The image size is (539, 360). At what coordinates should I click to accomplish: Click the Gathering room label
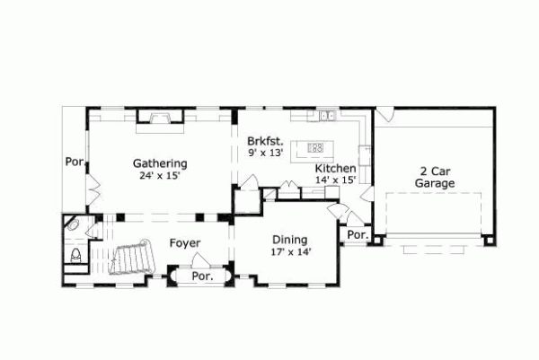tap(160, 163)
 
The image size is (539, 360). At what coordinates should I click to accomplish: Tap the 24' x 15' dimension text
tap(160, 176)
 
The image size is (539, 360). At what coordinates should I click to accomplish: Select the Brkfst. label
tap(266, 141)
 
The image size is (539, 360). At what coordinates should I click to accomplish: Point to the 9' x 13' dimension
tap(265, 154)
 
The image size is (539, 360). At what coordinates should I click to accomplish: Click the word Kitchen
tap(335, 168)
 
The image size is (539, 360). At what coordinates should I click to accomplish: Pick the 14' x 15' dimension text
tap(335, 180)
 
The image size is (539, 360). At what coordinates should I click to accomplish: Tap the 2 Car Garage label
tap(434, 177)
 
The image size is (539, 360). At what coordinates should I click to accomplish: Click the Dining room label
tap(290, 240)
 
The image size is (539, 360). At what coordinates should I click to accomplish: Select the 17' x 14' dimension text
tap(290, 252)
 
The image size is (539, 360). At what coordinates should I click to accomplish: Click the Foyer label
tap(185, 243)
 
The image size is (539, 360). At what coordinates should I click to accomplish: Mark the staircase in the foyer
tap(133, 259)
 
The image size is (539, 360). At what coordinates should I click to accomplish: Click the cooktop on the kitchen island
tap(315, 147)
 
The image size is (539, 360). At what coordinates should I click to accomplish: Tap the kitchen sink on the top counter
tap(328, 115)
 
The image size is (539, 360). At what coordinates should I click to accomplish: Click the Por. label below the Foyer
tap(202, 277)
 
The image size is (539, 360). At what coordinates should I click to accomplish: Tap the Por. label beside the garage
tap(357, 235)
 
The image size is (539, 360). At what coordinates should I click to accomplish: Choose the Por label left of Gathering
tap(73, 162)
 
